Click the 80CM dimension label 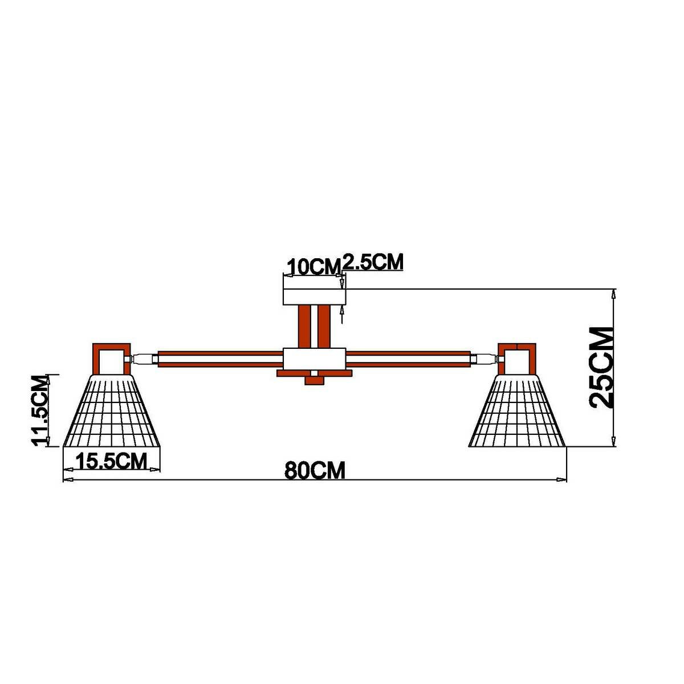[315, 471]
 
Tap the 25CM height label [602, 367]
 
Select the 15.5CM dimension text [112, 460]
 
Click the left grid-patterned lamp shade [112, 412]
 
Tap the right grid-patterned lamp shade [518, 412]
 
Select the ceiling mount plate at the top [315, 297]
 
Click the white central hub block [315, 359]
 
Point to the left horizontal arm [220, 359]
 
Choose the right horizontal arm [409, 359]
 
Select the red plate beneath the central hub [315, 373]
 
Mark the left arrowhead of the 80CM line [67, 481]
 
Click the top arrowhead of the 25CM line [613, 294]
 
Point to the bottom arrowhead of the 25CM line [613, 442]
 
